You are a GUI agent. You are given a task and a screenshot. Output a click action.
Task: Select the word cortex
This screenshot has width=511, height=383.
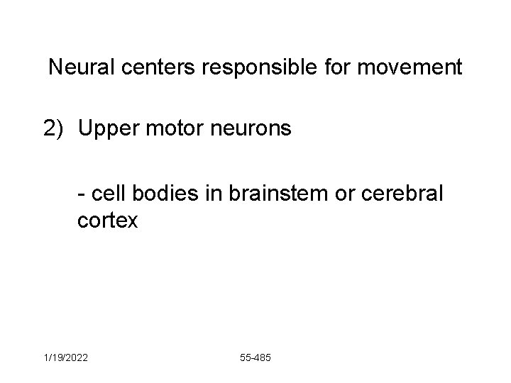(x=109, y=221)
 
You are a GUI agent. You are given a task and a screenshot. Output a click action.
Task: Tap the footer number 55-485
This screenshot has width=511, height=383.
(x=255, y=358)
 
